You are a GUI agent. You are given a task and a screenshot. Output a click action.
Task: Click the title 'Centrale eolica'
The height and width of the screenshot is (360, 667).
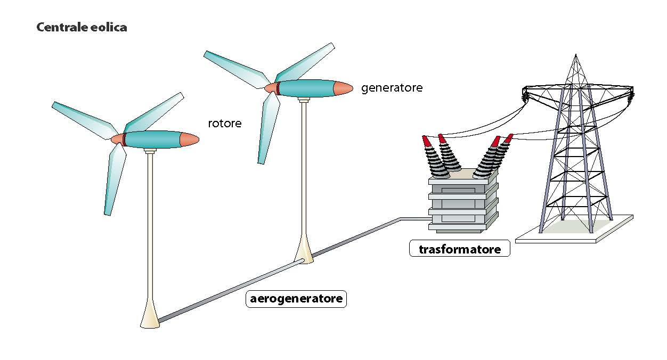[x=82, y=27]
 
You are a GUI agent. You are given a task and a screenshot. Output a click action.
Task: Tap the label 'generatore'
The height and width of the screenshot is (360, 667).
[x=392, y=88]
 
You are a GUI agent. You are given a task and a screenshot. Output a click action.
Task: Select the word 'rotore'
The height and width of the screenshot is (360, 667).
[x=224, y=124]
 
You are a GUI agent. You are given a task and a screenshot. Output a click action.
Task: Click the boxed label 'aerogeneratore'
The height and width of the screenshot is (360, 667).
[x=296, y=298]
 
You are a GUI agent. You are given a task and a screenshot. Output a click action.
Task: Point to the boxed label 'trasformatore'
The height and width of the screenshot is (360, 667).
[x=459, y=249]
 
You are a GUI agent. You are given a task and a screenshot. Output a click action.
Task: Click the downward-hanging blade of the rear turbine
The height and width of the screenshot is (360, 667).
[x=266, y=128]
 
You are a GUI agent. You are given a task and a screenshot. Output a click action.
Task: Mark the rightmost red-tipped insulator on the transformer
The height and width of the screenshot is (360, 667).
[x=508, y=138]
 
